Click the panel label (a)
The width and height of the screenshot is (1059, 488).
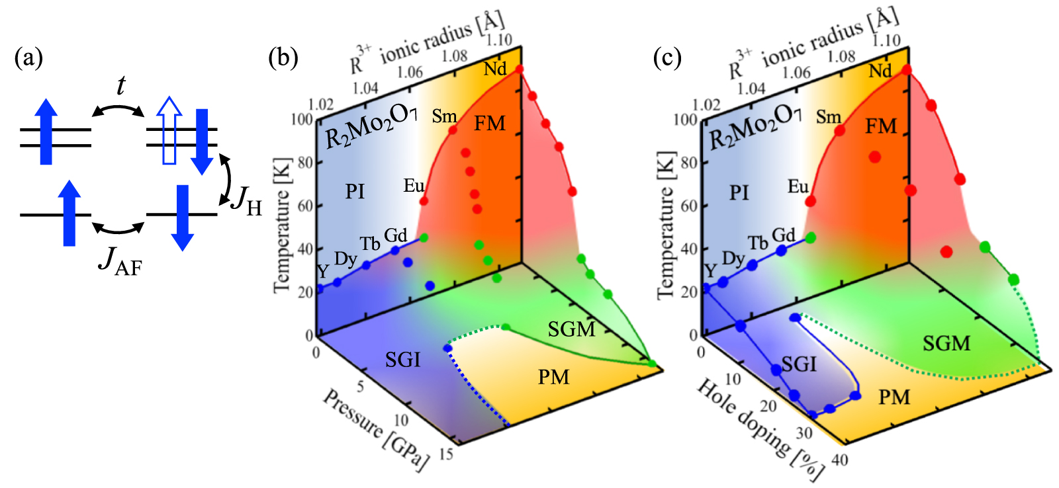coord(28,58)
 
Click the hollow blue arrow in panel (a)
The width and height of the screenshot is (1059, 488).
coord(170,130)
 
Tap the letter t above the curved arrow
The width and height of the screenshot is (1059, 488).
coord(120,85)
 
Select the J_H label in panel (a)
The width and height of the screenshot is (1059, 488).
coord(246,200)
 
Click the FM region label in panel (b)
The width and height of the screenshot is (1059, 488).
coord(489,124)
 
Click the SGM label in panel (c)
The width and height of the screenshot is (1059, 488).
coord(946,343)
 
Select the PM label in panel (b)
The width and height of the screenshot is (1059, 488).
coord(553,378)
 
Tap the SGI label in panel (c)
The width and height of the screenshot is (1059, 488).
coord(799,364)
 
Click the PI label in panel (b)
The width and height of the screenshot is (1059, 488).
coord(355,192)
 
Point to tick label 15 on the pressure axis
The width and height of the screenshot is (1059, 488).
coord(446,454)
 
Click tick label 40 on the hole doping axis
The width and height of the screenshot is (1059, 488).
coord(839,460)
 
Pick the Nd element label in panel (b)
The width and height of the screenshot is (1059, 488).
coord(494,69)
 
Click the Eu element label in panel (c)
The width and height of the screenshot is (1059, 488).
coord(798,187)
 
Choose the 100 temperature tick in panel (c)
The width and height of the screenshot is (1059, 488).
coord(686,120)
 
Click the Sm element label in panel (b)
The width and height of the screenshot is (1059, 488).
coord(444,117)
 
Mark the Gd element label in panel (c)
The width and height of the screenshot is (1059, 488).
coord(783,235)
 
